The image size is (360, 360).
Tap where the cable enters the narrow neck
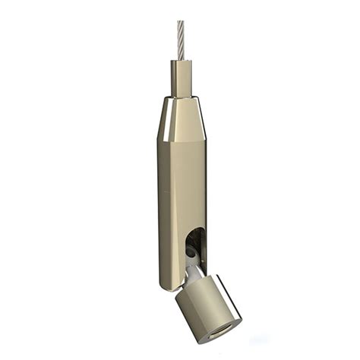coord(180,61)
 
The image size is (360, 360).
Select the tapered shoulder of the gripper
coord(180,118)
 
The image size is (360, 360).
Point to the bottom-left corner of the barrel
coord(162,287)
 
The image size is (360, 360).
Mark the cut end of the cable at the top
coord(181,22)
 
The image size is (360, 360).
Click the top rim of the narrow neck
coord(180,60)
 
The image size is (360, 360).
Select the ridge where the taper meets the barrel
coord(180,140)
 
